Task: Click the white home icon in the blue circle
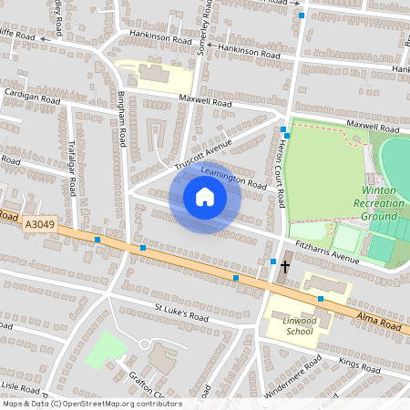coord(205,197)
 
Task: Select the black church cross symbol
coord(285,266)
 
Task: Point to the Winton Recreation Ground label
coord(379,203)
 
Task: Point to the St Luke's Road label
coord(181,314)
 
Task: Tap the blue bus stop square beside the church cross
coord(272,262)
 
